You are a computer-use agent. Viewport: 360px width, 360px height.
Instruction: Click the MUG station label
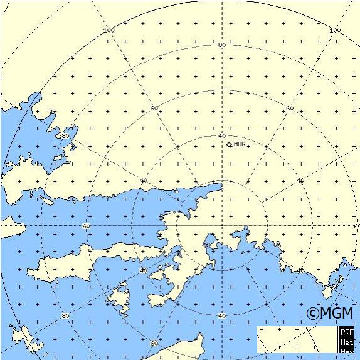239,144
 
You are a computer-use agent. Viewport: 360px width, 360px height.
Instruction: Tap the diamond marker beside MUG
230,144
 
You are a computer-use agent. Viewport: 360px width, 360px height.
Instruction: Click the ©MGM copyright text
329,312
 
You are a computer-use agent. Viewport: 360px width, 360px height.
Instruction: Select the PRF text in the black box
347,331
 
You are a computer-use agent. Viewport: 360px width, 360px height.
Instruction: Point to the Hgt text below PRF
347,342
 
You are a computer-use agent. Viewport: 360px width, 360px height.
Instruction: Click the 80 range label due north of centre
222,45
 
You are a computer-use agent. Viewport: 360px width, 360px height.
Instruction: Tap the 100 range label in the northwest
109,31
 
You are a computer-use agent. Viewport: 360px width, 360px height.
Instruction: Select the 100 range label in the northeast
336,30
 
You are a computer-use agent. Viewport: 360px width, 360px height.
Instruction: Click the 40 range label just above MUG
222,135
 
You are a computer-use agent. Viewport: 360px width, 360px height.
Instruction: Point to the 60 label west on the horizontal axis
86,226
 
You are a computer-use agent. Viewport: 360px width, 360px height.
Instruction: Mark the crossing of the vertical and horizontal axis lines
222,226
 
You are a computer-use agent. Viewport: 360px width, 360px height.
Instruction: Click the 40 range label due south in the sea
221,315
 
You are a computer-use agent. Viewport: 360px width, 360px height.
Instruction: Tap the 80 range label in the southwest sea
65,315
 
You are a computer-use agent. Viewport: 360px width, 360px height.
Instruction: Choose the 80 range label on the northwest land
65,135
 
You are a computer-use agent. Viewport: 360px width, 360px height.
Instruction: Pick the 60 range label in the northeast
289,109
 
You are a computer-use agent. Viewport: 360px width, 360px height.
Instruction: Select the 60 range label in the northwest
154,109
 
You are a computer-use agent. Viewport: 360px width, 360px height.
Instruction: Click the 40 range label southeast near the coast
300,271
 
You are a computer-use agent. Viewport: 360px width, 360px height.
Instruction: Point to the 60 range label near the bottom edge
154,344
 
